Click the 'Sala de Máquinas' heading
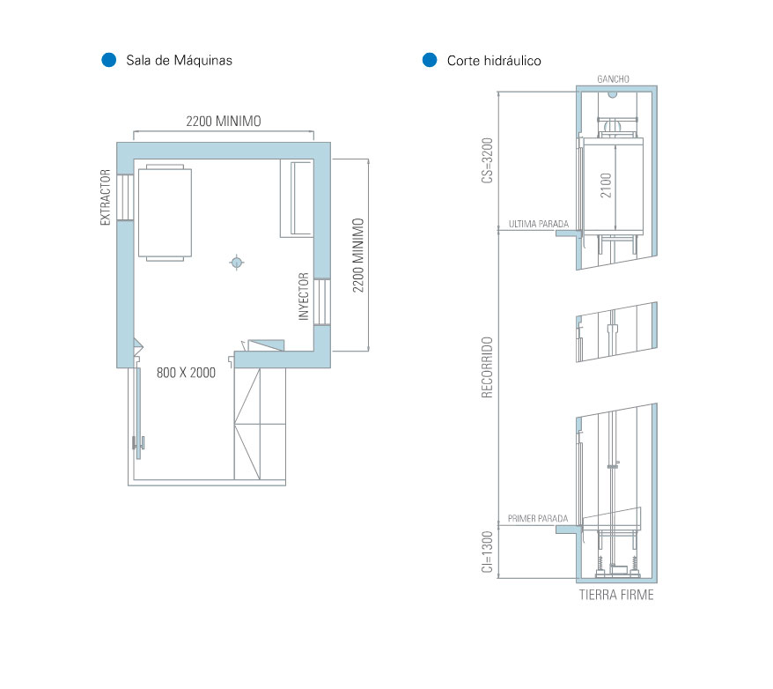179,60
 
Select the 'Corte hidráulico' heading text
494,61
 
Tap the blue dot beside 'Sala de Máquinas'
109,60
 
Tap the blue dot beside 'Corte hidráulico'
430,60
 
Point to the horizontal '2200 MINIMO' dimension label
224,122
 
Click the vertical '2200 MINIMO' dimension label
358,255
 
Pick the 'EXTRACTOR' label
105,197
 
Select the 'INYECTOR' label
304,296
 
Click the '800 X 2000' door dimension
186,373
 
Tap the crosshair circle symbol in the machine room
237,262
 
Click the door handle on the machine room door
138,443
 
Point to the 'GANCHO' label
614,79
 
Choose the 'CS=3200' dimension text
487,160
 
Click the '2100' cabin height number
606,185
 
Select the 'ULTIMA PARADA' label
538,224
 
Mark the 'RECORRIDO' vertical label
487,367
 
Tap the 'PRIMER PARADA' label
538,518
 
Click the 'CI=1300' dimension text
487,552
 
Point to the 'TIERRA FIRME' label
616,595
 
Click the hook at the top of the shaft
612,94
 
